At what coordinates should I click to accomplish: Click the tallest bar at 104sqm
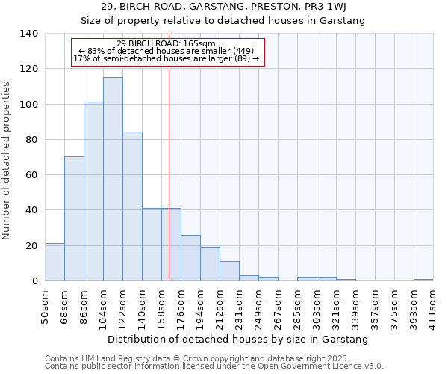click(x=113, y=180)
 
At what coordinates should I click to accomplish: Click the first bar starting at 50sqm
click(x=55, y=262)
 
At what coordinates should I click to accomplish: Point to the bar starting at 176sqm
click(x=190, y=258)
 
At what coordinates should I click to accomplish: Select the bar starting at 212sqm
click(x=229, y=271)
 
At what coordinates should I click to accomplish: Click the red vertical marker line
click(x=169, y=165)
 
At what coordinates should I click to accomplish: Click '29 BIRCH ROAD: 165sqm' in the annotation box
click(x=167, y=43)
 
